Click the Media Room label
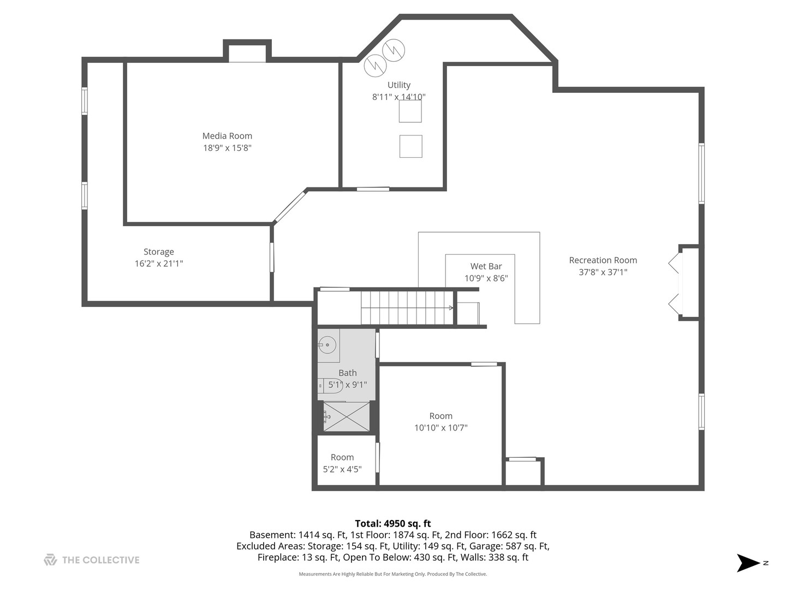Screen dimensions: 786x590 (227, 136)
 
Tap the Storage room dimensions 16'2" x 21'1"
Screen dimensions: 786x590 (159, 264)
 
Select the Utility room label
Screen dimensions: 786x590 (399, 85)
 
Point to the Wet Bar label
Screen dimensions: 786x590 (486, 266)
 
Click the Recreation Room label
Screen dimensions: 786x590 (603, 260)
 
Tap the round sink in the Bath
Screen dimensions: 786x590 (326, 345)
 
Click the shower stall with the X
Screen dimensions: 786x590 (346, 417)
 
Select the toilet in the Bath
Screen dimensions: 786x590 (330, 386)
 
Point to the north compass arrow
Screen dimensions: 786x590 (748, 563)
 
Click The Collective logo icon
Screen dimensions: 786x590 (51, 559)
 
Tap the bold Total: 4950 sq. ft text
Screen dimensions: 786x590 (393, 523)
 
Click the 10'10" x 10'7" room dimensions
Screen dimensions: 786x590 (441, 428)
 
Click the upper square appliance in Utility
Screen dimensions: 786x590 (410, 111)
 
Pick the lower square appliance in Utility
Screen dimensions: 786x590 (410, 146)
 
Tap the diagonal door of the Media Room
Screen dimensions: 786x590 (290, 207)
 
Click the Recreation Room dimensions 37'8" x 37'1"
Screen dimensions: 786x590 (603, 272)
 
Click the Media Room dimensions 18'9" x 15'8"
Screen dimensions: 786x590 (228, 148)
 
